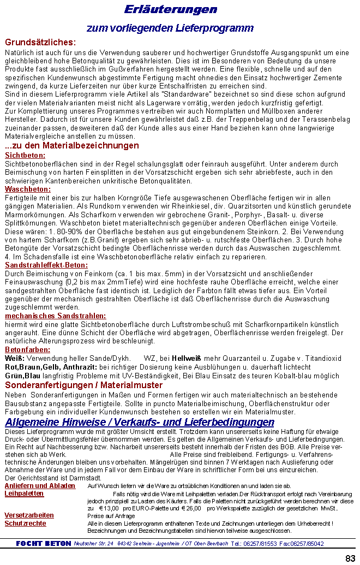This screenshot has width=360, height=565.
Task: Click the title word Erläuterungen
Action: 170,10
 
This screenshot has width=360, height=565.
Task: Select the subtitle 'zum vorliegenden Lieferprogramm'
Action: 170,28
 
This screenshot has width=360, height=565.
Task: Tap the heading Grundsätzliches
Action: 40,42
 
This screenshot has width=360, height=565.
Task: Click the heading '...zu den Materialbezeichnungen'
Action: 71,146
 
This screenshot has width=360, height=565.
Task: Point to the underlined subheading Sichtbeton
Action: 25,155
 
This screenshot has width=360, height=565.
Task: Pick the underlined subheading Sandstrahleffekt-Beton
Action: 46,265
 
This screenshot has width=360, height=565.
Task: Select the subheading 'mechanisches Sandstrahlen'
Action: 56,316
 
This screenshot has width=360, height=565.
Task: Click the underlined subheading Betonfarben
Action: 27,349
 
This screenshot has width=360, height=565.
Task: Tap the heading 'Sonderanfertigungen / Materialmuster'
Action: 84,385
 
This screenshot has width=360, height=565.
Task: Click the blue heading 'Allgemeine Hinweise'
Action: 139,422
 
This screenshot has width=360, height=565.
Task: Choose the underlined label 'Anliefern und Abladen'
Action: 40,486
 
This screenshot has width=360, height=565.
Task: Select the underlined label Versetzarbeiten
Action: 29,515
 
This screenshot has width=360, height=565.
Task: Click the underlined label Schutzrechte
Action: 25,524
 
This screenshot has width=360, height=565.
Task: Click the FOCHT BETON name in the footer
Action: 44,544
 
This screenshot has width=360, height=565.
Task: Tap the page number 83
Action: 350,558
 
